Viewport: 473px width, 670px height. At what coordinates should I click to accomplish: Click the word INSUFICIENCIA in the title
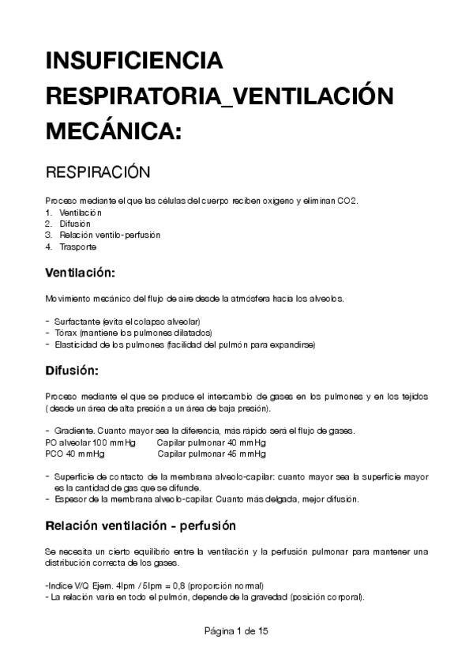click(134, 61)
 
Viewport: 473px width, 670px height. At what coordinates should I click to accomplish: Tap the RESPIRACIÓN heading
click(98, 171)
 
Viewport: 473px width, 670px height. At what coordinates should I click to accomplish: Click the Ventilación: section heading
click(81, 273)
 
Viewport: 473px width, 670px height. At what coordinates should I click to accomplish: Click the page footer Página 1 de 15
click(236, 631)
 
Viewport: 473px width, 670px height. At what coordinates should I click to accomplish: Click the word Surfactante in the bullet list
click(77, 322)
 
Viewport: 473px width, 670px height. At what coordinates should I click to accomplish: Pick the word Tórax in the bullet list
click(66, 333)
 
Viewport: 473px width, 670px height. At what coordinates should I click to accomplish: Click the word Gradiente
click(75, 430)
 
